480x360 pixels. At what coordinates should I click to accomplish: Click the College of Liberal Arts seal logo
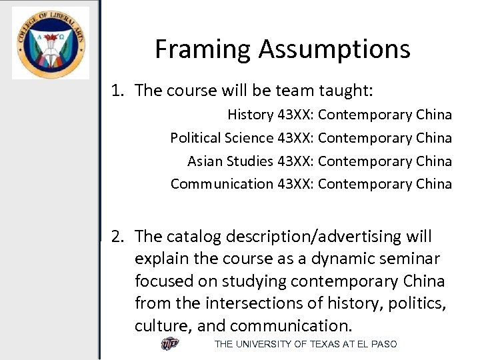point(50,43)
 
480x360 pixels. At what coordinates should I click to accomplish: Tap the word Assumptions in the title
point(334,49)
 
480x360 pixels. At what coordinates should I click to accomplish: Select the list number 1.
point(117,91)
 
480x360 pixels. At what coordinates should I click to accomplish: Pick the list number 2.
point(117,237)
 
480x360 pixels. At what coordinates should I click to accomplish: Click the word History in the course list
point(250,115)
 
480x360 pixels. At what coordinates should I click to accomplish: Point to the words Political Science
point(221,138)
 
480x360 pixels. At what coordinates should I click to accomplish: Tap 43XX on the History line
point(295,115)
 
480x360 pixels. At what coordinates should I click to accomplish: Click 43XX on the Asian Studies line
point(295,161)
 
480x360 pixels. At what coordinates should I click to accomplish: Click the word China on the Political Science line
point(433,138)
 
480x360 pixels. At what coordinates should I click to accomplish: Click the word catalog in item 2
point(194,237)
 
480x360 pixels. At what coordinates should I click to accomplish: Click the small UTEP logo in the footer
point(170,344)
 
